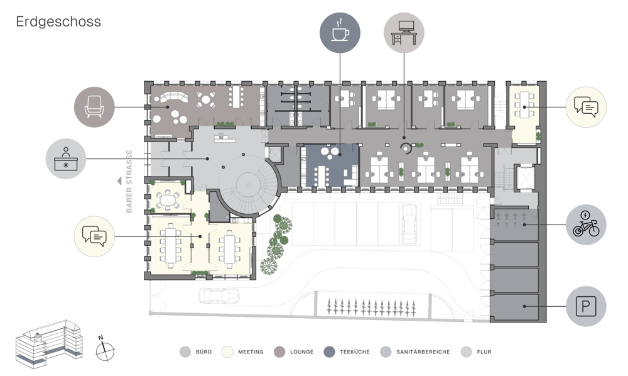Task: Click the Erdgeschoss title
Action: pyautogui.click(x=58, y=22)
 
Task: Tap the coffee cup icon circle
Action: pyautogui.click(x=340, y=33)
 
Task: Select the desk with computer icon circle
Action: pyautogui.click(x=404, y=33)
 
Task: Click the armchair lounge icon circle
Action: pyautogui.click(x=95, y=107)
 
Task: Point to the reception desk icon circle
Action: pyautogui.click(x=66, y=158)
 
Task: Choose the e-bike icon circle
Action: pyautogui.click(x=586, y=224)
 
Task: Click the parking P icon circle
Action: pyautogui.click(x=586, y=306)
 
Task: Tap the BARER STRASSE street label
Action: pyautogui.click(x=129, y=181)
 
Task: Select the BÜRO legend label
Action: pyautogui.click(x=203, y=352)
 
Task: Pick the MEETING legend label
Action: pyautogui.click(x=251, y=352)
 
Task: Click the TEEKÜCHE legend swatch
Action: pyautogui.click(x=329, y=352)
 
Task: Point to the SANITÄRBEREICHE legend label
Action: pyautogui.click(x=423, y=352)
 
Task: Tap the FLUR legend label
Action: pyautogui.click(x=484, y=352)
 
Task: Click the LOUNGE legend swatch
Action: pyautogui.click(x=279, y=352)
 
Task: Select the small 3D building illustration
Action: pyautogui.click(x=49, y=344)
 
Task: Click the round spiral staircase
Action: pyautogui.click(x=249, y=185)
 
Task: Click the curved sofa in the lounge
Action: pyautogui.click(x=174, y=98)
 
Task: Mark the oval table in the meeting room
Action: pyautogui.click(x=168, y=199)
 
